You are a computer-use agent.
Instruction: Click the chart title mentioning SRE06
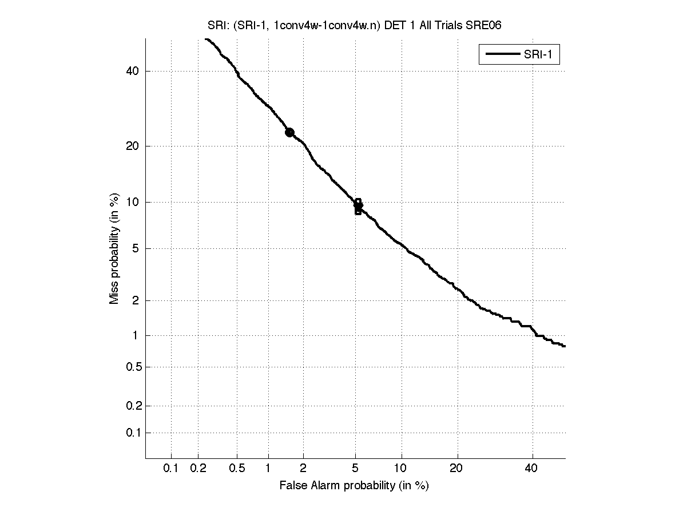pyautogui.click(x=354, y=26)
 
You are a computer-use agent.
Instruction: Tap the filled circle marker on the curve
pyautogui.click(x=289, y=132)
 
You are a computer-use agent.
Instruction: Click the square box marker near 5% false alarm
pyautogui.click(x=358, y=206)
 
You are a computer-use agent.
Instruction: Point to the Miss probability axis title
pyautogui.click(x=114, y=249)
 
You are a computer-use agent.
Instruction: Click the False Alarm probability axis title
pyautogui.click(x=354, y=486)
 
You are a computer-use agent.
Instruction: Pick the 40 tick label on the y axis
pyautogui.click(x=133, y=71)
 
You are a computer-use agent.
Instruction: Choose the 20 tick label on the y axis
pyautogui.click(x=133, y=146)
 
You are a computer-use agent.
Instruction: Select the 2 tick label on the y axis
pyautogui.click(x=136, y=300)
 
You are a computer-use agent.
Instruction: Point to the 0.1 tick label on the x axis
pyautogui.click(x=171, y=469)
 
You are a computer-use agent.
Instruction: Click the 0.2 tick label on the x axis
pyautogui.click(x=198, y=469)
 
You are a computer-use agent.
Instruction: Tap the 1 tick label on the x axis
pyautogui.click(x=268, y=469)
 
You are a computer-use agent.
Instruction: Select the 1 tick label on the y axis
pyautogui.click(x=136, y=335)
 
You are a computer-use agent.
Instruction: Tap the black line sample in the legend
pyautogui.click(x=502, y=55)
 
